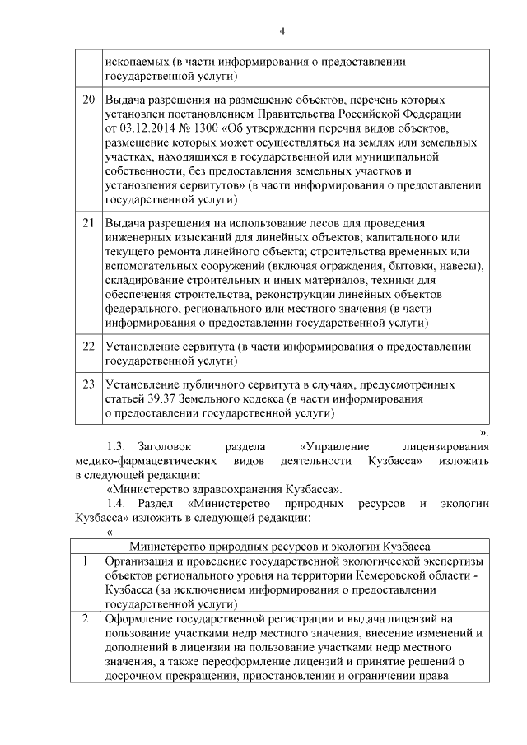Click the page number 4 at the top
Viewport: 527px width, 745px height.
[282, 31]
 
